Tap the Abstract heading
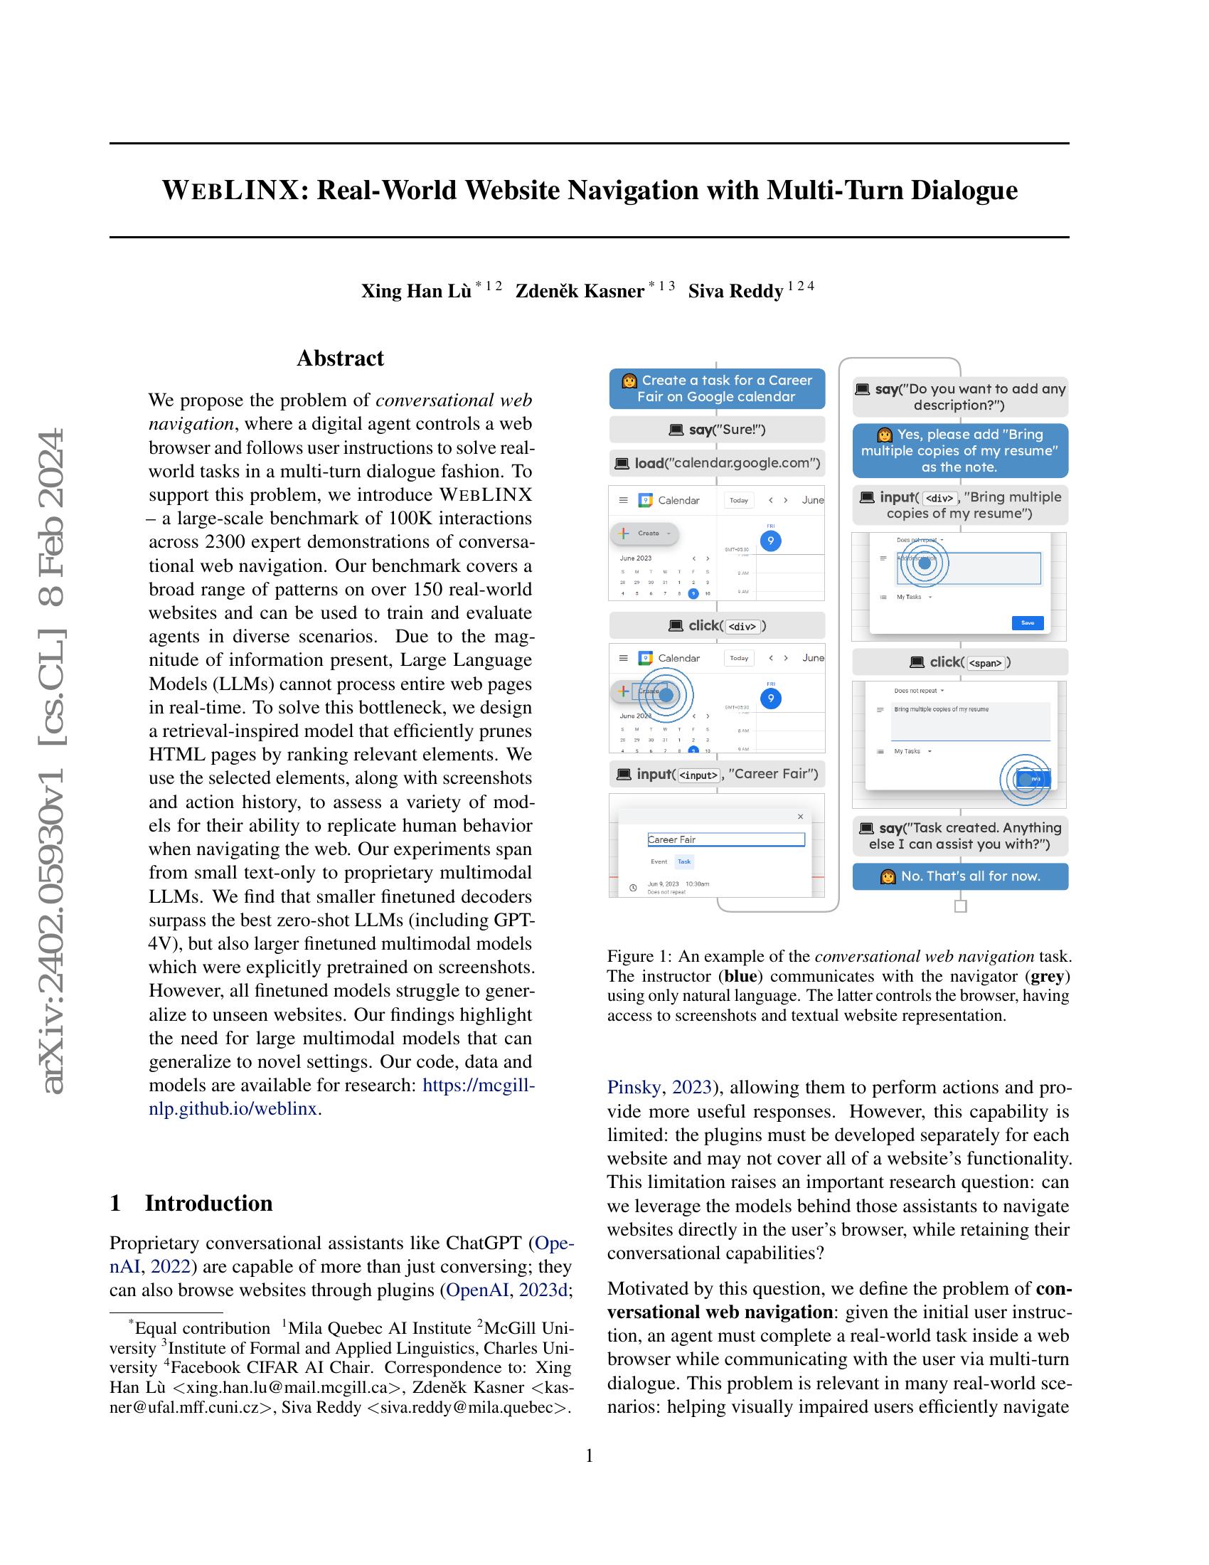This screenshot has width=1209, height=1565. (340, 359)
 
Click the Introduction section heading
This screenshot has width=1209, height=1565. (208, 1203)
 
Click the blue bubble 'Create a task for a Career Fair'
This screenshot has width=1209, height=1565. (717, 389)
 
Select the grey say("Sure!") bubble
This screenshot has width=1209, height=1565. (717, 430)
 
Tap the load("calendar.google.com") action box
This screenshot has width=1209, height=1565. (717, 464)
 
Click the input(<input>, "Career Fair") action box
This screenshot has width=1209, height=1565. (717, 775)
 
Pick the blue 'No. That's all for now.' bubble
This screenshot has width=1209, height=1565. (960, 876)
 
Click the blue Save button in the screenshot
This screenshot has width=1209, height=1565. (1027, 622)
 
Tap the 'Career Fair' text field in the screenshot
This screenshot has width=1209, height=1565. (725, 840)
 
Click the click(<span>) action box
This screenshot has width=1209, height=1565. (960, 663)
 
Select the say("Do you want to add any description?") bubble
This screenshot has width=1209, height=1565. (960, 397)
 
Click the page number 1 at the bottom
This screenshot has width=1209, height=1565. (590, 1455)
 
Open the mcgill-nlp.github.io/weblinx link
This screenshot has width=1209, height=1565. (479, 1086)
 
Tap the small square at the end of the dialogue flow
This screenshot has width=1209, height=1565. (961, 906)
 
